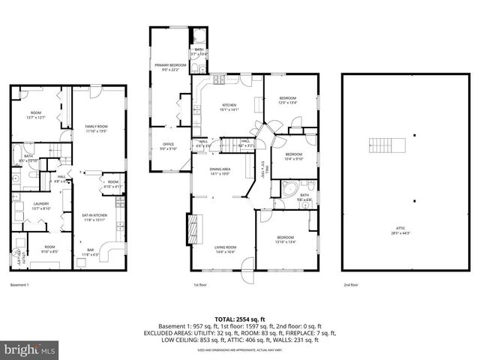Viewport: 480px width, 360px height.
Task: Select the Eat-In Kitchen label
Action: (x=94, y=217)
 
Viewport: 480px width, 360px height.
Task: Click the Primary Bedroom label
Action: (x=170, y=67)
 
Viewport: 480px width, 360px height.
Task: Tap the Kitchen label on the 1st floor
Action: (x=229, y=106)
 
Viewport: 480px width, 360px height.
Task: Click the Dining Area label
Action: (x=220, y=172)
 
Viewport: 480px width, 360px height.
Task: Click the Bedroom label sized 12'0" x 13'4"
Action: (x=288, y=100)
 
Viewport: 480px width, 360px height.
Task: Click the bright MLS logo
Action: (x=30, y=349)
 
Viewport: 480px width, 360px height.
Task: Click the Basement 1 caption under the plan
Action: (x=19, y=285)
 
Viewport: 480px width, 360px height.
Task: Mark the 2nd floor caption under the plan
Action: (x=351, y=285)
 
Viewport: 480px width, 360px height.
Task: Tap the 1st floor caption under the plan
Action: (x=199, y=285)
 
